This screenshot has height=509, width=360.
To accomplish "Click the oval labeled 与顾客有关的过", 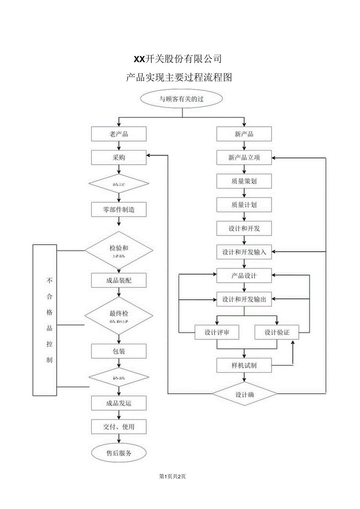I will pyautogui.click(x=182, y=99).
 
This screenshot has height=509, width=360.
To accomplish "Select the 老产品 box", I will pyautogui.click(x=119, y=134).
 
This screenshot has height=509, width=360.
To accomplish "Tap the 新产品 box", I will pyautogui.click(x=244, y=134).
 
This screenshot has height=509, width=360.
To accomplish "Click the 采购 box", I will pyautogui.click(x=119, y=158).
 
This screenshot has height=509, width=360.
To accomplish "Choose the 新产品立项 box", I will pyautogui.click(x=244, y=158).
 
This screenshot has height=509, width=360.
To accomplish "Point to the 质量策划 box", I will pyautogui.click(x=244, y=181).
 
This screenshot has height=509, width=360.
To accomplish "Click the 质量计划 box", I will pyautogui.click(x=244, y=205).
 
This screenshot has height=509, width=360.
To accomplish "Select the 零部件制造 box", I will pyautogui.click(x=119, y=209).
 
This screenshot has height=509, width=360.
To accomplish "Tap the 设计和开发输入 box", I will pyautogui.click(x=244, y=252).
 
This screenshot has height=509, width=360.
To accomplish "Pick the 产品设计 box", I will pyautogui.click(x=244, y=276).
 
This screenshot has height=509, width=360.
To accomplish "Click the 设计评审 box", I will pyautogui.click(x=217, y=333).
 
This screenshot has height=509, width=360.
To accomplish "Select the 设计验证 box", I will pyautogui.click(x=277, y=333).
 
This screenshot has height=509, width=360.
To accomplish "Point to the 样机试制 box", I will pyautogui.click(x=244, y=365).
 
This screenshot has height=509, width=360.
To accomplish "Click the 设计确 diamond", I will pyautogui.click(x=245, y=394).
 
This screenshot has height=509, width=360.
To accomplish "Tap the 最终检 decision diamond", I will pyautogui.click(x=119, y=316).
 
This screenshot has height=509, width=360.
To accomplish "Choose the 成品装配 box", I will pyautogui.click(x=119, y=280).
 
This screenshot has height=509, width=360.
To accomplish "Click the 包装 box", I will pyautogui.click(x=119, y=351).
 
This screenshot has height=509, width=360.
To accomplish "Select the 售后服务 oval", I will pyautogui.click(x=119, y=453).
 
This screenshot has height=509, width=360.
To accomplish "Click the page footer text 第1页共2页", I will pyautogui.click(x=173, y=476).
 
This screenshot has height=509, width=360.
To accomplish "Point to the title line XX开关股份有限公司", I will pyautogui.click(x=178, y=59).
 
